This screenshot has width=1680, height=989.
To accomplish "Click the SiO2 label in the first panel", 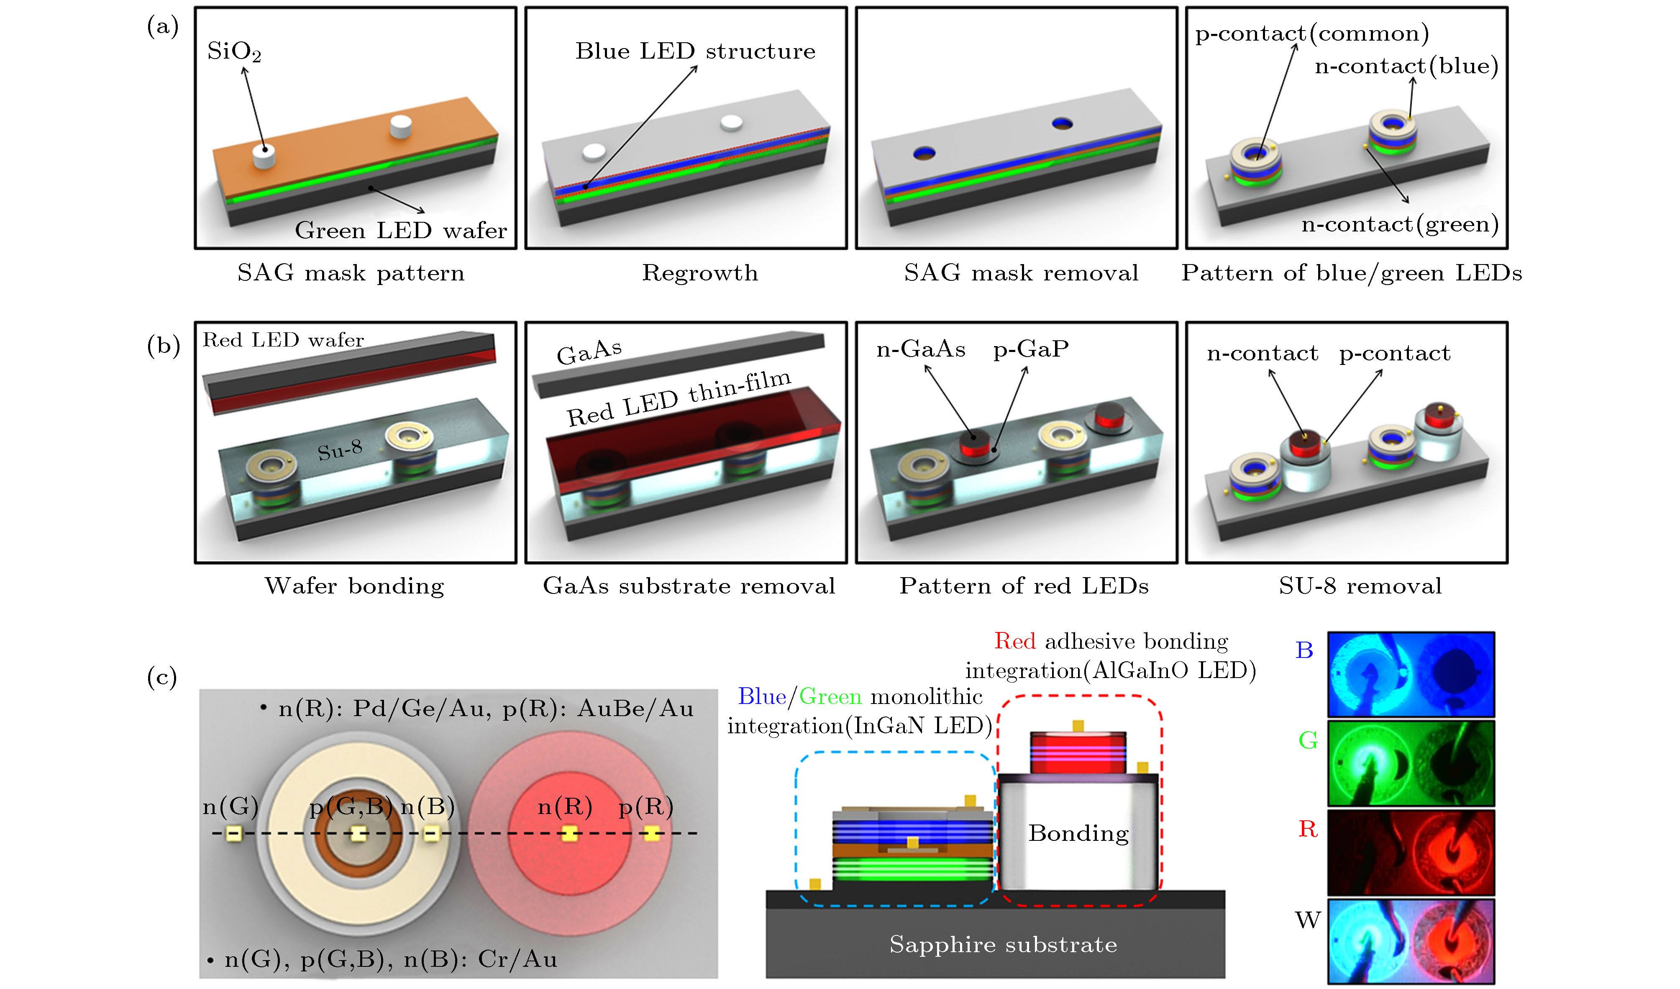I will [x=234, y=51].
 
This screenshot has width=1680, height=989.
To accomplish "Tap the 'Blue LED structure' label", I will [x=695, y=51].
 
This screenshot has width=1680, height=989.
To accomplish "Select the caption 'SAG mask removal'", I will [x=1021, y=273].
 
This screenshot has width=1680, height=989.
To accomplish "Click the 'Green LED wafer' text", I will [x=401, y=231].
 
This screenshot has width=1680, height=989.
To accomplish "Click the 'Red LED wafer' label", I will [x=283, y=340].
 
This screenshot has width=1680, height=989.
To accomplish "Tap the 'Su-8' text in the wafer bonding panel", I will [x=340, y=450].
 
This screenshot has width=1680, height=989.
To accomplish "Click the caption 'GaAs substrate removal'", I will [x=689, y=586].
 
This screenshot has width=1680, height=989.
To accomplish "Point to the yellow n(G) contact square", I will [x=233, y=834].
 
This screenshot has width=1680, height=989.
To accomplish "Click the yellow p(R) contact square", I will [x=651, y=834].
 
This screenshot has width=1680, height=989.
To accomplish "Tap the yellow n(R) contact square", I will [x=569, y=834].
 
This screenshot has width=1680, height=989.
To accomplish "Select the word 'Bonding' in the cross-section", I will [x=1078, y=834].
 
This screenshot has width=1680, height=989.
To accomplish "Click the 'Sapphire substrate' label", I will [x=1003, y=944].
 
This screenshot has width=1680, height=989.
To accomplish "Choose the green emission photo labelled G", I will [x=1411, y=763].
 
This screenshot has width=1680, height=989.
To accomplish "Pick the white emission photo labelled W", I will [x=1411, y=942].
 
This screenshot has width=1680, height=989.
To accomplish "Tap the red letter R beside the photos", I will [x=1308, y=829].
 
